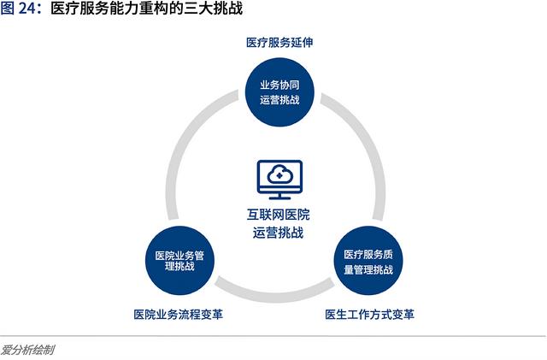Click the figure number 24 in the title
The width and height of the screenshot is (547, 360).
(27, 9)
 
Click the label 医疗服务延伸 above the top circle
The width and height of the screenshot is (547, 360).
(279, 43)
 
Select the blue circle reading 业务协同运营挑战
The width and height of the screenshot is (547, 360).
(279, 92)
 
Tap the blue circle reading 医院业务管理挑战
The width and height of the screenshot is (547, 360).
(179, 261)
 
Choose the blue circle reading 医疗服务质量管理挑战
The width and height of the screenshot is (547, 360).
(368, 261)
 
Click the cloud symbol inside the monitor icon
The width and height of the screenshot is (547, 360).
(279, 174)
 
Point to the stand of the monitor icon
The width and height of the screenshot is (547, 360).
(279, 196)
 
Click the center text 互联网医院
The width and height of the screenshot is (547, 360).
(279, 215)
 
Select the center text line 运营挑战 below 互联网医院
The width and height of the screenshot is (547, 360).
(279, 233)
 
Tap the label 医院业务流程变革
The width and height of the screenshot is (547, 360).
(179, 315)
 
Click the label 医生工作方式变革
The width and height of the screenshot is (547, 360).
(370, 315)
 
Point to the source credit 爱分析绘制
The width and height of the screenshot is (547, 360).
(27, 350)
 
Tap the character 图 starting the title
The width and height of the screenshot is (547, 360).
(8, 9)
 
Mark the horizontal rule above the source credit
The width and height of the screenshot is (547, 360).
(273, 336)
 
